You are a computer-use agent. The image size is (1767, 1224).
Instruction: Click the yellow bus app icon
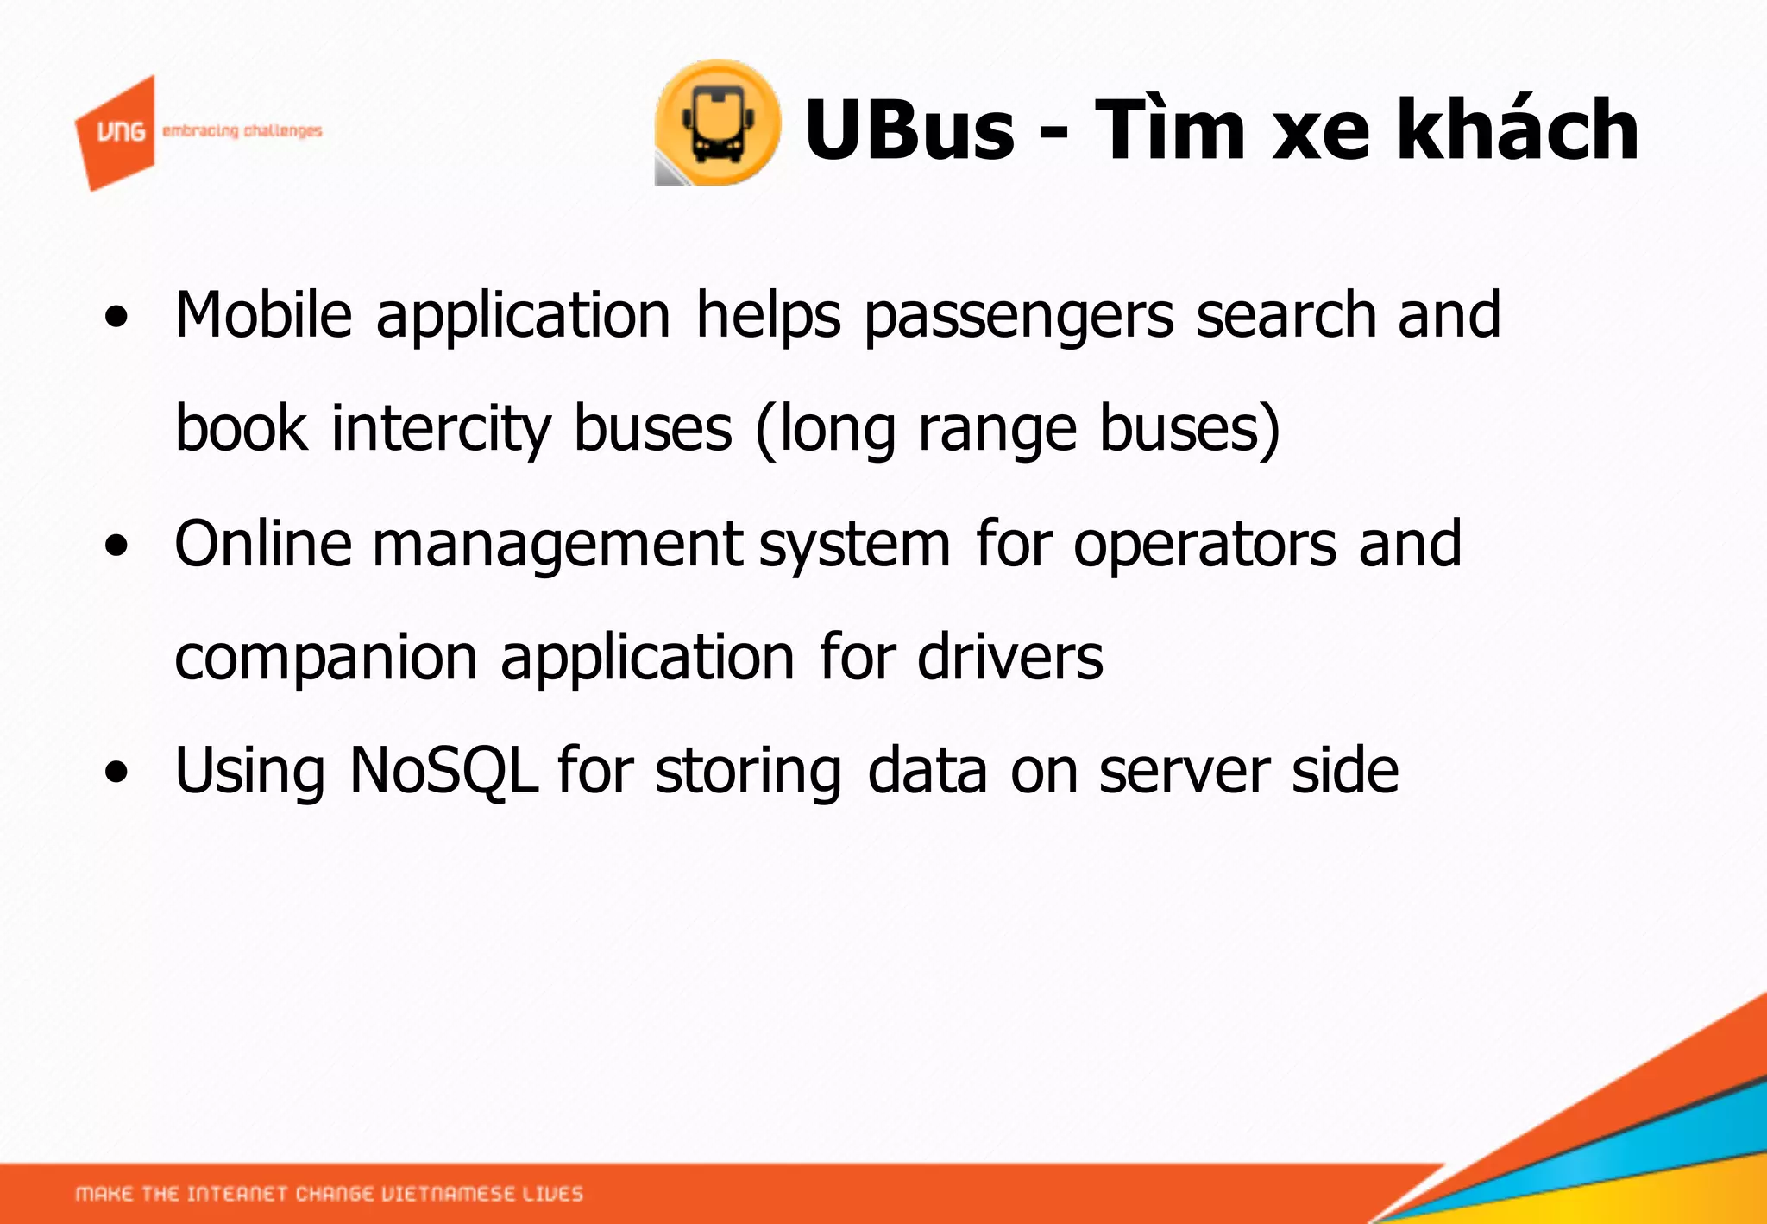point(717,123)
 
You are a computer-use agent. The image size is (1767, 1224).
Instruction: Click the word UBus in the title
point(909,129)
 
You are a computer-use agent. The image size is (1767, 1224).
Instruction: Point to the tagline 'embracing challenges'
point(242,131)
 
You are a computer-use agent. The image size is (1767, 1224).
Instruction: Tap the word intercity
point(440,429)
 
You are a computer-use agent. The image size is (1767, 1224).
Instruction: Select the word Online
point(263,544)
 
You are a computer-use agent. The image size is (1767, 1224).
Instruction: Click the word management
point(557,546)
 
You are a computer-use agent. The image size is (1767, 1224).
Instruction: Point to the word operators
point(1204,546)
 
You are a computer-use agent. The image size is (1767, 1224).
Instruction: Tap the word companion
point(325,659)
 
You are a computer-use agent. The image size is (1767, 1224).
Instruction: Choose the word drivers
point(1009,657)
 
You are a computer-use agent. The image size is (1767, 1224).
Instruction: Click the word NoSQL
point(443,770)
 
